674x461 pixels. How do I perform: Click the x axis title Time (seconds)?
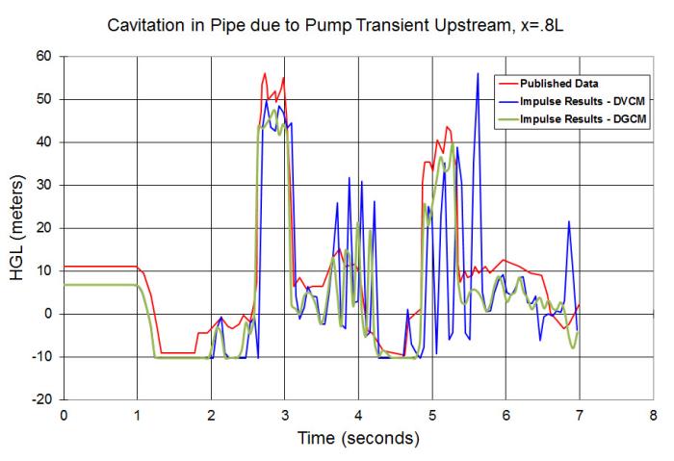click(357, 440)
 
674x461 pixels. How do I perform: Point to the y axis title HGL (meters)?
click(18, 228)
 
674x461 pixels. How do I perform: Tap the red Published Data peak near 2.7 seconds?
click(265, 73)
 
